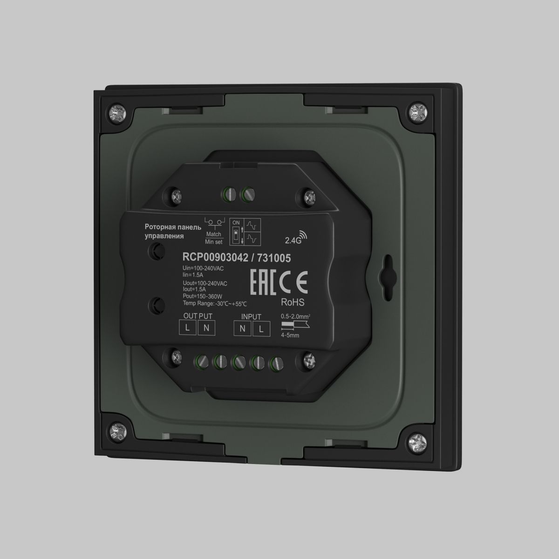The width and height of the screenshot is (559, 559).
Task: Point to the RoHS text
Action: [293, 302]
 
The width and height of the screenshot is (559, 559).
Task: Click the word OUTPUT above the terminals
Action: [198, 316]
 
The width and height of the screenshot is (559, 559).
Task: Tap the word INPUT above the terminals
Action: [251, 317]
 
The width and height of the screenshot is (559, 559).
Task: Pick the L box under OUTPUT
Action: [187, 328]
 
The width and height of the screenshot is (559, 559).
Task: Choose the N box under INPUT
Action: [242, 328]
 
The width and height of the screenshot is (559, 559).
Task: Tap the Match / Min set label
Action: [214, 238]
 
